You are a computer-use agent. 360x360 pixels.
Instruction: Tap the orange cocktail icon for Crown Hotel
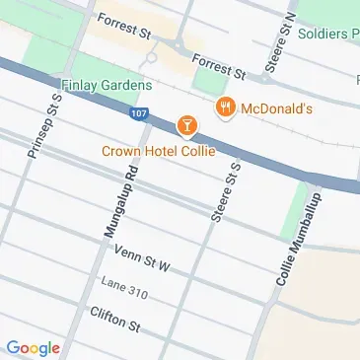183,125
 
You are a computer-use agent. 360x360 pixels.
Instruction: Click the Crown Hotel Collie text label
158,150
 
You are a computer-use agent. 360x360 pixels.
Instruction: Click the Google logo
33,347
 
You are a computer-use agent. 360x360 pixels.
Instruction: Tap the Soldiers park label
328,33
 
